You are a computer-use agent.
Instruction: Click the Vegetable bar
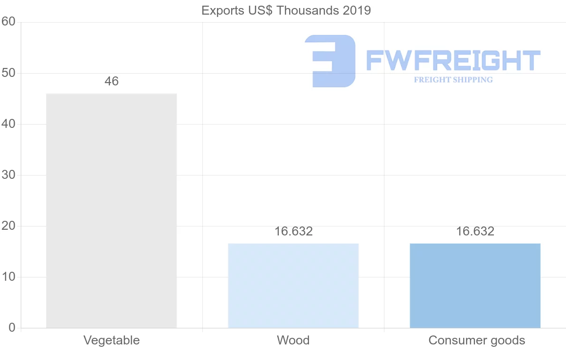click(111, 210)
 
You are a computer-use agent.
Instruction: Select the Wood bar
click(293, 285)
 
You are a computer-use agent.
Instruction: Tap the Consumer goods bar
click(475, 285)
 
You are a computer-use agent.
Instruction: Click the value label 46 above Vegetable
click(111, 81)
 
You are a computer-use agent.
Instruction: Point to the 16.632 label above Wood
click(293, 231)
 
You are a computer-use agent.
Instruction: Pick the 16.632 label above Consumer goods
click(475, 231)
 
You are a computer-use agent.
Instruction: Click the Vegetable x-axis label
click(111, 340)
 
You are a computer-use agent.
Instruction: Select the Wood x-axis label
click(293, 340)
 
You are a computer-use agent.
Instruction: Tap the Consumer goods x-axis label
click(476, 340)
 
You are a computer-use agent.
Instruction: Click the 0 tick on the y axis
click(12, 328)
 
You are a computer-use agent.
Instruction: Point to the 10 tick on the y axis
click(8, 277)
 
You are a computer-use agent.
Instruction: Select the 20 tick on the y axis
click(8, 226)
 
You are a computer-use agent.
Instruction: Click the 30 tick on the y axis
click(8, 175)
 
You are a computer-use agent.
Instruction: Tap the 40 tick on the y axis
click(8, 124)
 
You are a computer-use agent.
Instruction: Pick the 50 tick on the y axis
click(8, 73)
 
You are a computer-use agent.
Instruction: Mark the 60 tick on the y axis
click(8, 22)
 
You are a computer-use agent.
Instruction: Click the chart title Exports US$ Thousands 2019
click(286, 10)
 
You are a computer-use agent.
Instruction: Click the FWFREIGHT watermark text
click(453, 61)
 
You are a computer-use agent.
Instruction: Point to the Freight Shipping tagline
click(453, 80)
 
